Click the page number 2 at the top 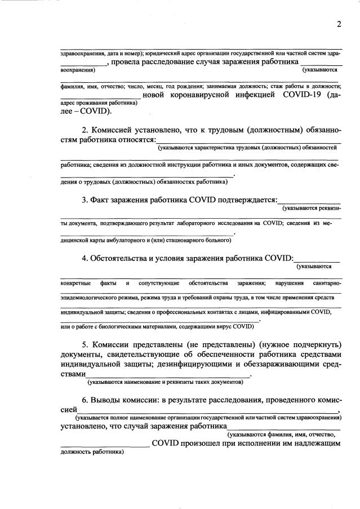click(x=339, y=24)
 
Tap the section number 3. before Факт click(x=85, y=200)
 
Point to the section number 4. click(x=85, y=258)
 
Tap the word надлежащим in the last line click(x=315, y=444)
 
